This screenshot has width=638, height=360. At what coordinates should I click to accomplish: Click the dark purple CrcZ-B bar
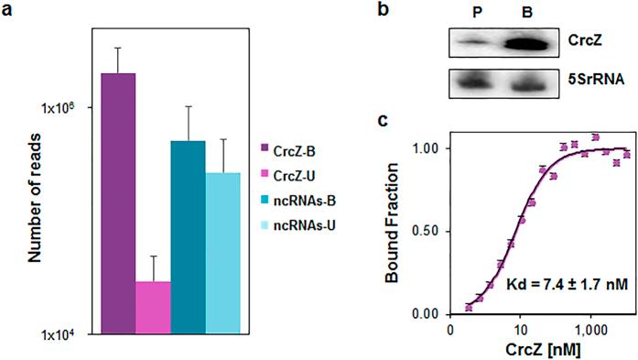[x=118, y=202]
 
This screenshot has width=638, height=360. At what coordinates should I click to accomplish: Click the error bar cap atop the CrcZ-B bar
[x=118, y=48]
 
